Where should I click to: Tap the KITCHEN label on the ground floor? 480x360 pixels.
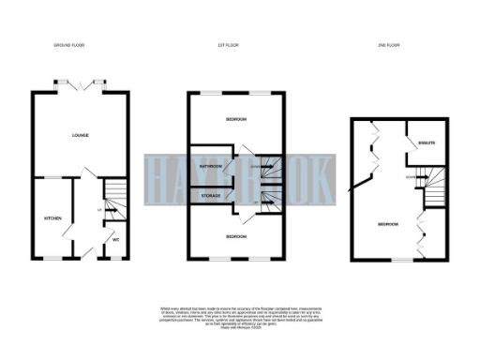click(52, 217)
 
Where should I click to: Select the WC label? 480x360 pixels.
click(115, 239)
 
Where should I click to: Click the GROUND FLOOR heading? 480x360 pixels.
click(72, 45)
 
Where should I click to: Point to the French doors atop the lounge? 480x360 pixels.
click(80, 84)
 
